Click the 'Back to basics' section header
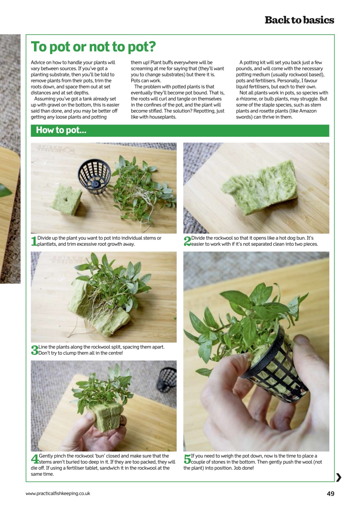[299, 20]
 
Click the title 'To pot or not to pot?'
[93, 47]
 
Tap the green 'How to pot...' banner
[180, 130]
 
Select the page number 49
[330, 493]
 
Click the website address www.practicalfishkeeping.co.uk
[58, 493]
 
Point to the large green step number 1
[34, 241]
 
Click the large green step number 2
[187, 241]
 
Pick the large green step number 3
[34, 350]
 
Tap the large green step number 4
[35, 459]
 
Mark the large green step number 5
[187, 459]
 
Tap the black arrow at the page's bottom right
[339, 478]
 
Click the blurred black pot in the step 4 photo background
[167, 379]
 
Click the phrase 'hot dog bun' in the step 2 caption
[293, 238]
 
